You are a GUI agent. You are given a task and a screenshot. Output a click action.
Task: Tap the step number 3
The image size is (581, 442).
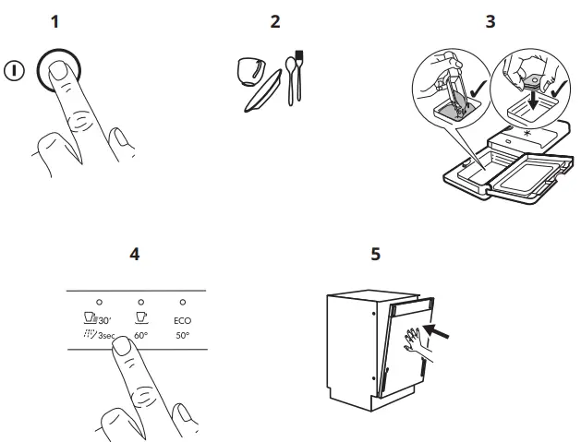(490, 21)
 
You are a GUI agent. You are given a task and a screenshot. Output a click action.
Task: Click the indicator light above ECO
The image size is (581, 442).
(183, 302)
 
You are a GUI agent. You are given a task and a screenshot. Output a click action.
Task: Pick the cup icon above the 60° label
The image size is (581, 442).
(140, 317)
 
